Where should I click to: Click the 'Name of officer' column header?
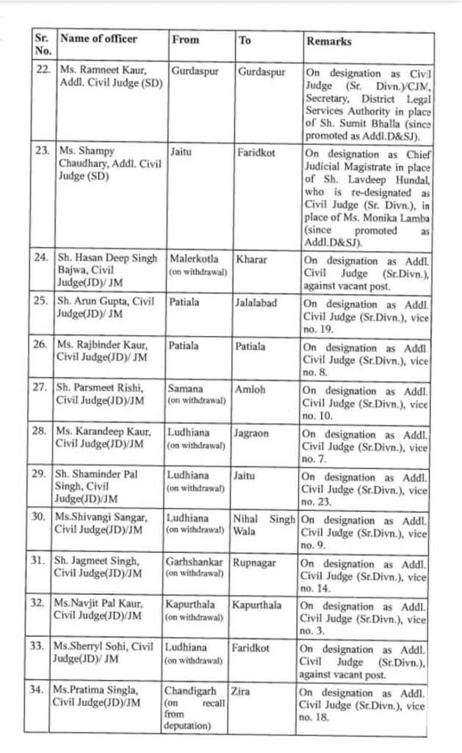pos(98,40)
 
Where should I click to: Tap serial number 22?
pos(43,71)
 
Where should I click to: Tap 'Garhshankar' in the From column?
pos(198,563)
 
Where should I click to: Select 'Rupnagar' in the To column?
pos(256,563)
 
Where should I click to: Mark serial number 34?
pos(43,691)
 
